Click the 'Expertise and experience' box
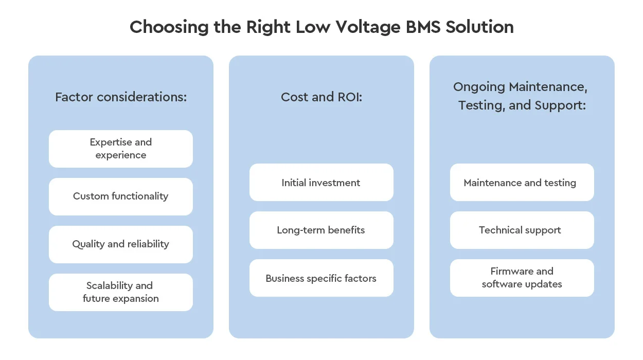[x=121, y=149]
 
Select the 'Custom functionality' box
[x=121, y=196]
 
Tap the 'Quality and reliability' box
[x=121, y=244]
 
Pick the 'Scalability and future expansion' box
[x=121, y=292]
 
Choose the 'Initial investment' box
[x=321, y=183]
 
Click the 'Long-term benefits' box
[x=321, y=230]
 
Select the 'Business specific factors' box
[x=321, y=278]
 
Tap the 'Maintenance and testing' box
[x=522, y=183]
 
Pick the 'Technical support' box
[x=522, y=230]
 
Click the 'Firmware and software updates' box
[x=522, y=278]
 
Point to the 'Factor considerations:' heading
[x=121, y=97]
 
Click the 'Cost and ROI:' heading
[x=321, y=97]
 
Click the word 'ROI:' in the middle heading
[x=349, y=97]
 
